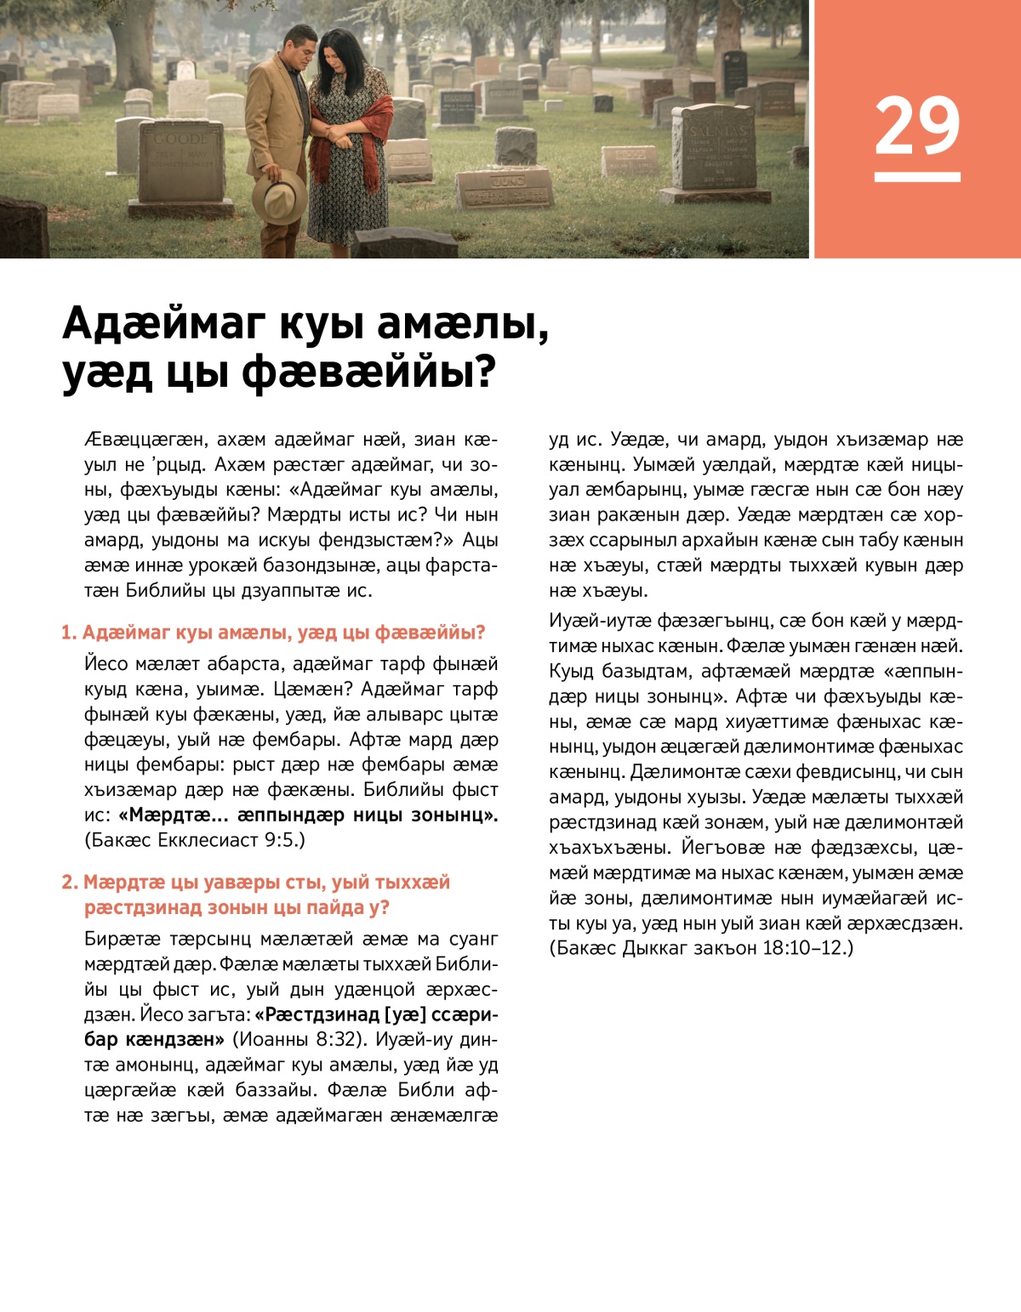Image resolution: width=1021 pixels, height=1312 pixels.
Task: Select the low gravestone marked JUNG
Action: point(505,189)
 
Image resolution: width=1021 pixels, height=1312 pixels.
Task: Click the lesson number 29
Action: point(917,126)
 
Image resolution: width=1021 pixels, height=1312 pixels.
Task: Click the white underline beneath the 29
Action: point(917,177)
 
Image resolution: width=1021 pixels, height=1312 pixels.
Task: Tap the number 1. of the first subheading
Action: point(68,633)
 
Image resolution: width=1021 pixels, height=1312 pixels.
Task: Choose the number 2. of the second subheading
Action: point(70,883)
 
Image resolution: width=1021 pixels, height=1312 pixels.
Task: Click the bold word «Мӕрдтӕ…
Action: point(174,815)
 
